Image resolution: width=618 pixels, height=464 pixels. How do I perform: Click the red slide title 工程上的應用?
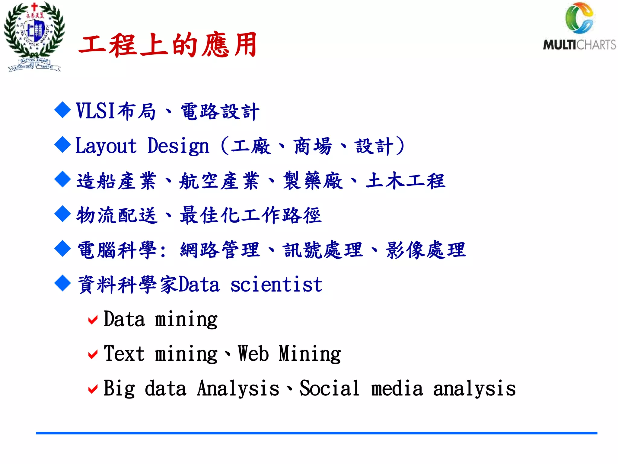(168, 45)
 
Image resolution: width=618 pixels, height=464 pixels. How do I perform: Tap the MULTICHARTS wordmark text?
(579, 45)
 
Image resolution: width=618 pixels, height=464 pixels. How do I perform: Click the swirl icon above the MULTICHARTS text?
(579, 18)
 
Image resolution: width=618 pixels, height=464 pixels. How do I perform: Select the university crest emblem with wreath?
(34, 36)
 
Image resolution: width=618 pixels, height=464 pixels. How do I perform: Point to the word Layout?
(106, 146)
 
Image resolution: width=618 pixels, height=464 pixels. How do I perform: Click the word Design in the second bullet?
(178, 147)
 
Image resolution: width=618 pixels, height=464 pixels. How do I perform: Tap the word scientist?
(276, 285)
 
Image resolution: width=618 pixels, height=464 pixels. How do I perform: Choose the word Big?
(119, 389)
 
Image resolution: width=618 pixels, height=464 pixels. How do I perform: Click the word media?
(397, 389)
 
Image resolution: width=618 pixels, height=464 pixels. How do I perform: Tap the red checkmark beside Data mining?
(93, 320)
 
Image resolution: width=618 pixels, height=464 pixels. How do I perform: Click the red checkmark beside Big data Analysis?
(93, 389)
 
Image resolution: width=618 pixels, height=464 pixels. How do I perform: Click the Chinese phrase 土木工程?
(405, 181)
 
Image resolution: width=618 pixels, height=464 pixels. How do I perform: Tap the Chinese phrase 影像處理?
(425, 250)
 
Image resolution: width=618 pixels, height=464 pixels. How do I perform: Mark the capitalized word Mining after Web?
(310, 354)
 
